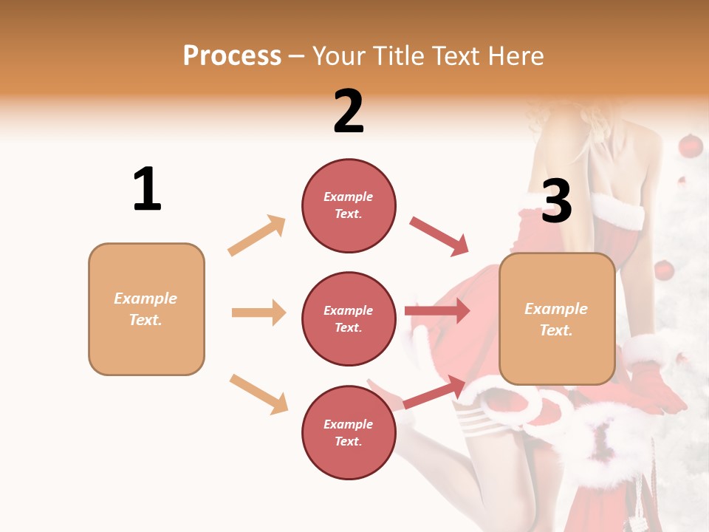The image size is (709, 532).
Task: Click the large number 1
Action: (147, 189)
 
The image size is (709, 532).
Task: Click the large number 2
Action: (349, 112)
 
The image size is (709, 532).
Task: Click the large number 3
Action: (556, 201)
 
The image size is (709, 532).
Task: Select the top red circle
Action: (349, 205)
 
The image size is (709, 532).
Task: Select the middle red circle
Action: (349, 318)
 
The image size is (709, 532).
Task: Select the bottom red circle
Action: (349, 432)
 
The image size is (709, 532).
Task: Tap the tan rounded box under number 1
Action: (146, 309)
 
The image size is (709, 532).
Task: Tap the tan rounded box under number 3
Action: (557, 318)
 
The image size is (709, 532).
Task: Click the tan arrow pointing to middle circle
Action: (258, 313)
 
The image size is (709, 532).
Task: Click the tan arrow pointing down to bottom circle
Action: (258, 394)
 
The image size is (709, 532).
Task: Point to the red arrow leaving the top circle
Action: (439, 236)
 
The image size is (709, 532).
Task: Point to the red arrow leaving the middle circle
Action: (437, 311)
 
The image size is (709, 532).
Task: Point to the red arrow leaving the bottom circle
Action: (434, 392)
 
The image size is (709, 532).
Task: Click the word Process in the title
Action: (232, 55)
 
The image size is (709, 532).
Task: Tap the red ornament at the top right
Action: (690, 146)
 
